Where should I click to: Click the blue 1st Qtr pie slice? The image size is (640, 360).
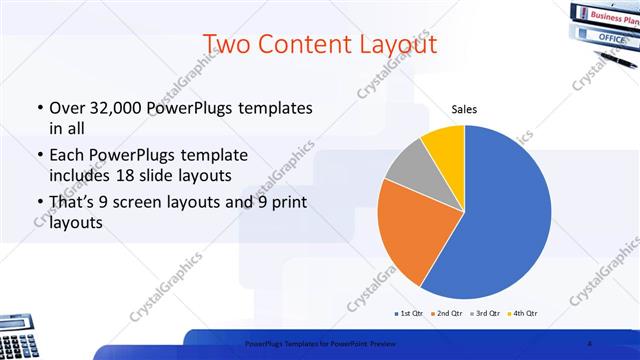(500, 210)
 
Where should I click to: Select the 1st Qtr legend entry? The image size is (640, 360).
(408, 313)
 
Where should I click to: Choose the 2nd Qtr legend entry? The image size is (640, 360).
(448, 313)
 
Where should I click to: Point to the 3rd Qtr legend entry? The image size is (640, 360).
(487, 313)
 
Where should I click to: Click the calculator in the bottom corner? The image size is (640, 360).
(18, 342)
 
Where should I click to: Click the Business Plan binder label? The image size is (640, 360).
(613, 16)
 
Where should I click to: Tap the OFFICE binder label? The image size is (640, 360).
(611, 37)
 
